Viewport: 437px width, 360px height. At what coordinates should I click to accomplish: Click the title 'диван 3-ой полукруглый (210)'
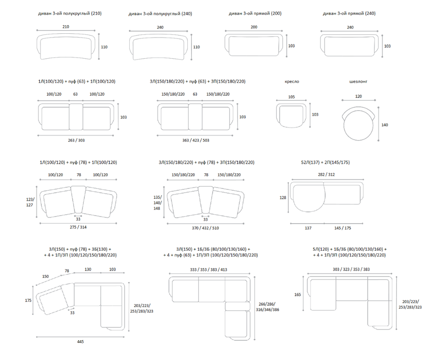(x=70, y=14)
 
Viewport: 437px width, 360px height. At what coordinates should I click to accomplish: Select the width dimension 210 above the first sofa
(x=66, y=27)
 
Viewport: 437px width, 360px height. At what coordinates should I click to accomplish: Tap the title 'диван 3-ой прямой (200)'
(x=255, y=14)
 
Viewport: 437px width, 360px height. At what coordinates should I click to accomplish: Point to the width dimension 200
(x=254, y=27)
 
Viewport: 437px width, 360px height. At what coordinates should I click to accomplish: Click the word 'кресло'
(x=292, y=82)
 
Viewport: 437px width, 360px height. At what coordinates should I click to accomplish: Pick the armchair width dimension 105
(x=291, y=97)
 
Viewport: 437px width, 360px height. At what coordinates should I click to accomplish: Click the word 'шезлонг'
(x=358, y=82)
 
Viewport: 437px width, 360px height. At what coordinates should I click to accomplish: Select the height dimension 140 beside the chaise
(x=385, y=125)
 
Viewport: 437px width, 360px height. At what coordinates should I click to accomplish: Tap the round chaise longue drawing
(x=358, y=124)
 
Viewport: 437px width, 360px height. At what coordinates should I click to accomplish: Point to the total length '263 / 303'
(x=76, y=140)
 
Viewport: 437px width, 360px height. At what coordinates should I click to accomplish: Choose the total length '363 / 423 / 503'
(x=196, y=140)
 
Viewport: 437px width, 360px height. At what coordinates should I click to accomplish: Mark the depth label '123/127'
(x=30, y=202)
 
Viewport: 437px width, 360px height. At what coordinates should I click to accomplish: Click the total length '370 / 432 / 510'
(x=206, y=228)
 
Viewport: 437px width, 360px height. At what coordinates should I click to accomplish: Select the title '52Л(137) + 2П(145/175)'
(x=325, y=162)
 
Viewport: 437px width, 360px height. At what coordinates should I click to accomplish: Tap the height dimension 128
(x=282, y=198)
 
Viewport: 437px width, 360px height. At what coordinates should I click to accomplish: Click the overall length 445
(x=80, y=342)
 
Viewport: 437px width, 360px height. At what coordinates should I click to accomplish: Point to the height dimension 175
(x=28, y=300)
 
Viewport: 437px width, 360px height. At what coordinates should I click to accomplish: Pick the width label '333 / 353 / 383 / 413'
(x=208, y=270)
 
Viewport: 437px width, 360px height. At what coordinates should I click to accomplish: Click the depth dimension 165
(x=297, y=294)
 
